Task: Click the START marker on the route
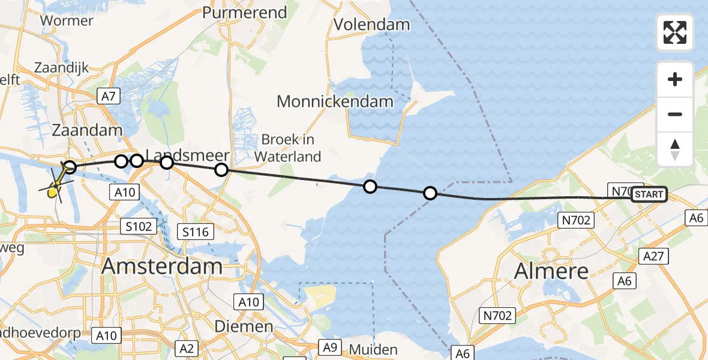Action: (x=649, y=194)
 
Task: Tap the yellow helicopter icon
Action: (x=55, y=191)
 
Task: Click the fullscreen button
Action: (x=675, y=32)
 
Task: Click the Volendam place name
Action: (x=371, y=25)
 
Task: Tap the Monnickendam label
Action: (x=335, y=101)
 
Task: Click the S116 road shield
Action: (x=197, y=231)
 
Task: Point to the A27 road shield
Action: (x=656, y=256)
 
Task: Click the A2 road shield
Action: (x=186, y=348)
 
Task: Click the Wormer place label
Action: (x=66, y=21)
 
